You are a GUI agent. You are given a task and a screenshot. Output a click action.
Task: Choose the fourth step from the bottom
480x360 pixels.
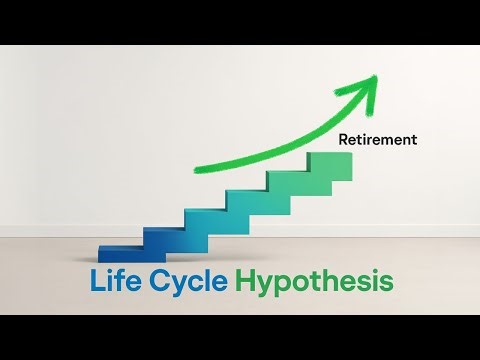tap(245, 202)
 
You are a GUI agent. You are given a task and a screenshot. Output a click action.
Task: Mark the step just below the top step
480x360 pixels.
tap(285, 185)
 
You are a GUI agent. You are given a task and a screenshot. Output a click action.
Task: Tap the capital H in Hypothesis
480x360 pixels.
tap(249, 281)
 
